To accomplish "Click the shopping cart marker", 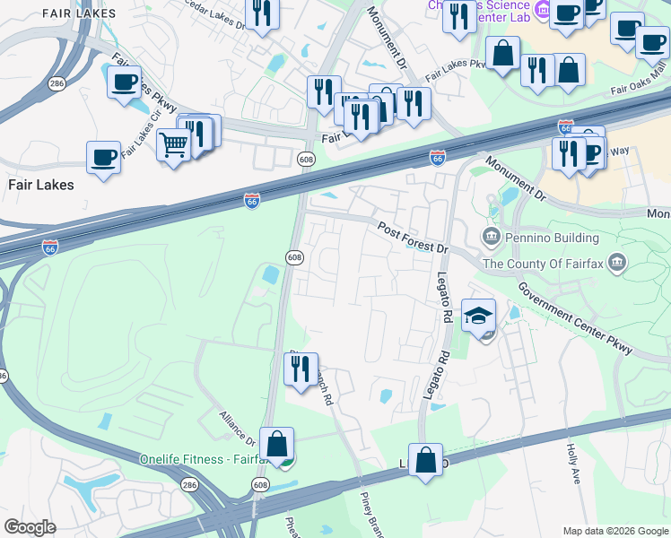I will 173,144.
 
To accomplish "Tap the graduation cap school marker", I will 479,316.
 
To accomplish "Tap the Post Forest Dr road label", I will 412,238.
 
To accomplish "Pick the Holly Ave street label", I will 572,463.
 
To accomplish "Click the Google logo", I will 30,527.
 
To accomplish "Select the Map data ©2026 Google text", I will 615,531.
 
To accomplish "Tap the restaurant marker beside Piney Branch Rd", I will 301,369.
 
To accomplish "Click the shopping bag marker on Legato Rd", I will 426,460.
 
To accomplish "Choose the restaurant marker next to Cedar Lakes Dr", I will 262,13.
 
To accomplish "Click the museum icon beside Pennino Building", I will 492,238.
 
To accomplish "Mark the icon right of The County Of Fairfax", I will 616,263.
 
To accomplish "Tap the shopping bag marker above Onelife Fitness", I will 276,443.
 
